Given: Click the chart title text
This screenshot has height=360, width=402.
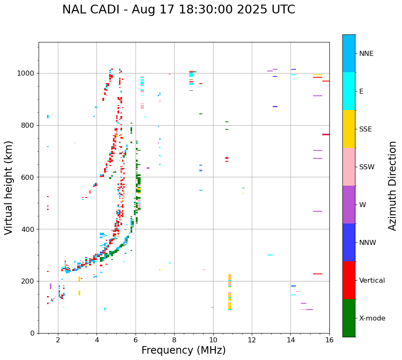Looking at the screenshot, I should pyautogui.click(x=178, y=10).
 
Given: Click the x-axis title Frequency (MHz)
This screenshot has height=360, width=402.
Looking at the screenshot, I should pyautogui.click(x=183, y=350).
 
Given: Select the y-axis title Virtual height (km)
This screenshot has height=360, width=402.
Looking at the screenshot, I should pyautogui.click(x=9, y=187).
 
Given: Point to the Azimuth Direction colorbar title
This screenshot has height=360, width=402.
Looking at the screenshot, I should pyautogui.click(x=392, y=186).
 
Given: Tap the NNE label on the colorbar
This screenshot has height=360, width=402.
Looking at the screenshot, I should pyautogui.click(x=366, y=54).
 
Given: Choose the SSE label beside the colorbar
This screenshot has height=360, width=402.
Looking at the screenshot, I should pyautogui.click(x=365, y=129).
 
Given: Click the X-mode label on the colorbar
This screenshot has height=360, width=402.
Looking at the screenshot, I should pyautogui.click(x=372, y=318).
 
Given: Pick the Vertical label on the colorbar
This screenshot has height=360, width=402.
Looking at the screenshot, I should pyautogui.click(x=372, y=281).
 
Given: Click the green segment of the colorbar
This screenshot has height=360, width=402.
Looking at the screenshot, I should pyautogui.click(x=349, y=318).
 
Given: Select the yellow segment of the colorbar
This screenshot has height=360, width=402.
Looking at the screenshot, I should pyautogui.click(x=349, y=129).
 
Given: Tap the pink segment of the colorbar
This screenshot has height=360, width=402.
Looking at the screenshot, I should pyautogui.click(x=349, y=167).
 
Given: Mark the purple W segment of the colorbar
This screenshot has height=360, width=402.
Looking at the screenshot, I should pyautogui.click(x=349, y=205).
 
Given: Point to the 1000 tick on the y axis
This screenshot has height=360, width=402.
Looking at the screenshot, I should pyautogui.click(x=28, y=74).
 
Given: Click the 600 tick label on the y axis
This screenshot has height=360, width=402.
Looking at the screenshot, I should pyautogui.click(x=30, y=177).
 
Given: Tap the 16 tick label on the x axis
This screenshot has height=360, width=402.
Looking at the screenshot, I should pyautogui.click(x=329, y=340).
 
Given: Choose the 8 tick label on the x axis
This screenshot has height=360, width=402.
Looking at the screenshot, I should pyautogui.click(x=174, y=340).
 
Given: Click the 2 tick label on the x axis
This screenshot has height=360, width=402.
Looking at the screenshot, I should pyautogui.click(x=58, y=340).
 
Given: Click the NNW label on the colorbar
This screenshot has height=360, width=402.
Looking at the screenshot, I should pyautogui.click(x=367, y=243).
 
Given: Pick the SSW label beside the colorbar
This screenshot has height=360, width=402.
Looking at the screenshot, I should pyautogui.click(x=367, y=167).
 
